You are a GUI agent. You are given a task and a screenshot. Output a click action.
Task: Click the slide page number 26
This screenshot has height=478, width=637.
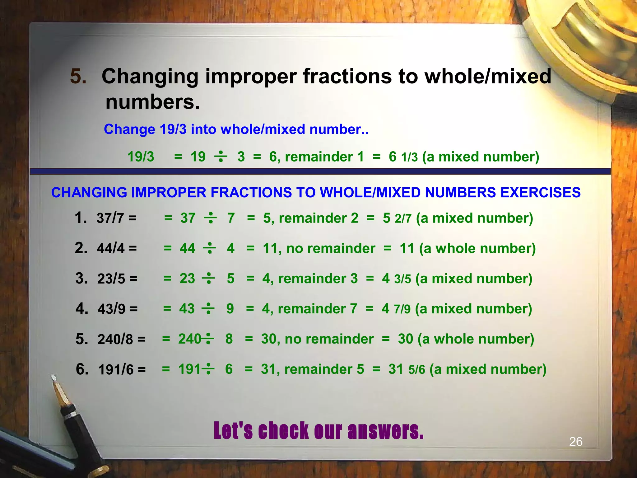(576, 442)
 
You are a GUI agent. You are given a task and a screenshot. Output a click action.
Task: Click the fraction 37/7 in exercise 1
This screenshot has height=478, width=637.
(110, 218)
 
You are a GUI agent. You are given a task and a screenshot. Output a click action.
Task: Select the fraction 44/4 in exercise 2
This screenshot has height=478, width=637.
(111, 248)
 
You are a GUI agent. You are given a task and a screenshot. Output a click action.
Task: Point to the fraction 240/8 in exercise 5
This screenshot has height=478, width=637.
(115, 339)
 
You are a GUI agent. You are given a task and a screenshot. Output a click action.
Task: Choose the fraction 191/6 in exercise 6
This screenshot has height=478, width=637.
(116, 370)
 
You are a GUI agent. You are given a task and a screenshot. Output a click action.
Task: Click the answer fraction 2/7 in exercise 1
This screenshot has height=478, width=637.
(403, 218)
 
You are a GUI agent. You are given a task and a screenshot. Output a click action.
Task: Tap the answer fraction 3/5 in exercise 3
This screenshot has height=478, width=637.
(402, 279)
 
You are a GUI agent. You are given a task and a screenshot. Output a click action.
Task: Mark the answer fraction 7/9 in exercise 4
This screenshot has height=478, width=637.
(402, 309)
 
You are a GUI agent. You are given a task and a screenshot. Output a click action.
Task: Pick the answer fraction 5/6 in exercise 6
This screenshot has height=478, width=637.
(416, 370)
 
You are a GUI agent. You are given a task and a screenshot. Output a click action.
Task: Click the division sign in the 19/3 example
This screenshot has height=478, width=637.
(221, 156)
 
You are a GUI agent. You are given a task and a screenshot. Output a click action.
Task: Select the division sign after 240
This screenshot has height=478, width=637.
(208, 339)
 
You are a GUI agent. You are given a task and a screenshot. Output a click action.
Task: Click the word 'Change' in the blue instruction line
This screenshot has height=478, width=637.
(129, 129)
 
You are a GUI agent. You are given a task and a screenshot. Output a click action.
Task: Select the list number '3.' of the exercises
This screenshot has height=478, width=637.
(81, 278)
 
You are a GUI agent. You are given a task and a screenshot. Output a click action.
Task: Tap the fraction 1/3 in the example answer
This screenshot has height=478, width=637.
(409, 157)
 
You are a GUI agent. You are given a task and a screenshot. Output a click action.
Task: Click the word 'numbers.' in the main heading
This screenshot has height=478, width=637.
(153, 102)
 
